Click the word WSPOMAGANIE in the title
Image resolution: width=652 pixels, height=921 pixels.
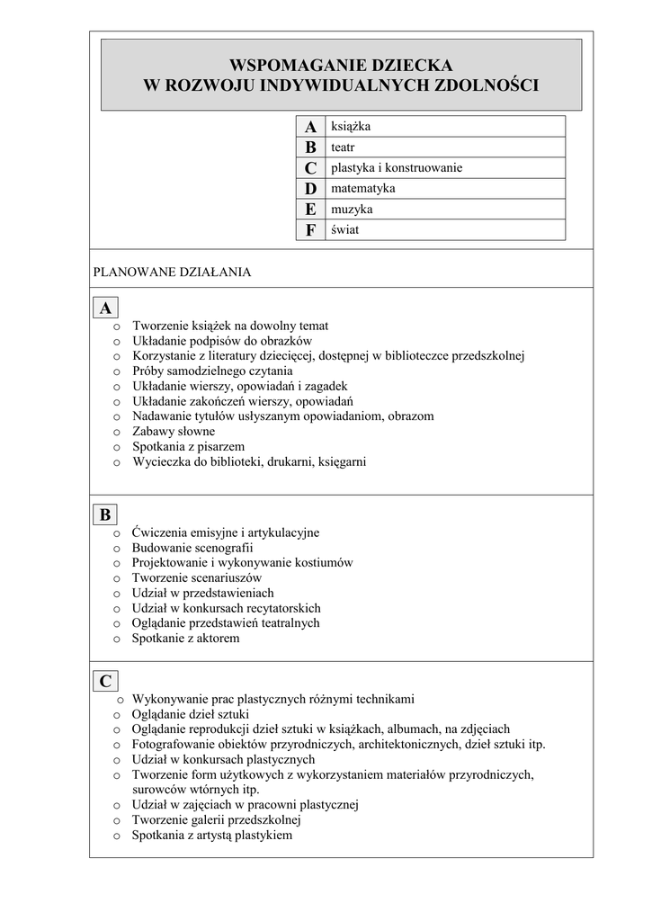(283, 66)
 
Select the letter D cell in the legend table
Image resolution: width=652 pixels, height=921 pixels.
(310, 189)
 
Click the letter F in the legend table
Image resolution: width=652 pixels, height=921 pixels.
(310, 230)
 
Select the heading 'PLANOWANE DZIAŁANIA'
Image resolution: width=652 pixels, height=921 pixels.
(172, 271)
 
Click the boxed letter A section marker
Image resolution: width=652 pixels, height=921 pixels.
(106, 308)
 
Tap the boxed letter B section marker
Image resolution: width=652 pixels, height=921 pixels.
(105, 514)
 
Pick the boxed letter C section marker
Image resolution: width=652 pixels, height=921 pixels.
(106, 681)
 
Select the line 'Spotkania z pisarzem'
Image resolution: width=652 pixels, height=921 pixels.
(188, 447)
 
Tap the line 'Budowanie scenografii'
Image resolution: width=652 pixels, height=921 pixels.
(192, 548)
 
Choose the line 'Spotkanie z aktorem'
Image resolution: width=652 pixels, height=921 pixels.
(186, 639)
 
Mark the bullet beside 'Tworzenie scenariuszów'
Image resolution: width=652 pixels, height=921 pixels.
(117, 578)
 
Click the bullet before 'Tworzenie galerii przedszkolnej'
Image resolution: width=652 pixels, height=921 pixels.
(117, 821)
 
